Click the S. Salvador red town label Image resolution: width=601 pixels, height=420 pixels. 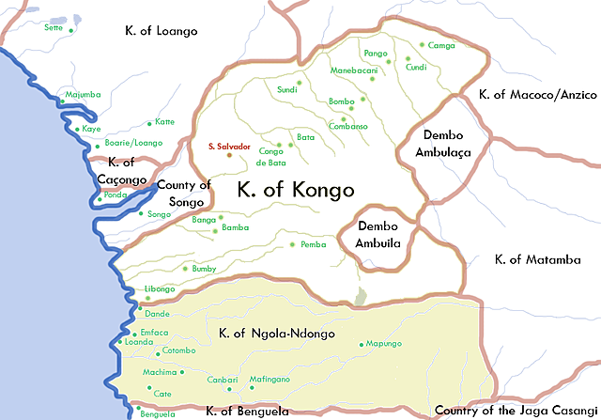[x=229, y=148]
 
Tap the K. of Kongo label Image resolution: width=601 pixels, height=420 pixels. [x=296, y=190]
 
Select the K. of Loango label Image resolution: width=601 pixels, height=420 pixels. [x=162, y=31]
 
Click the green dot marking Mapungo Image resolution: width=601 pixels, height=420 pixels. [x=362, y=345]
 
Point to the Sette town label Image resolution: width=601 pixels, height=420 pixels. [x=53, y=28]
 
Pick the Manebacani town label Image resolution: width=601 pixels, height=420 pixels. [x=353, y=71]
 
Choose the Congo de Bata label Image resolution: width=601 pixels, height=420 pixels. [x=270, y=156]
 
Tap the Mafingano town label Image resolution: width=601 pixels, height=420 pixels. [x=270, y=379]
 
